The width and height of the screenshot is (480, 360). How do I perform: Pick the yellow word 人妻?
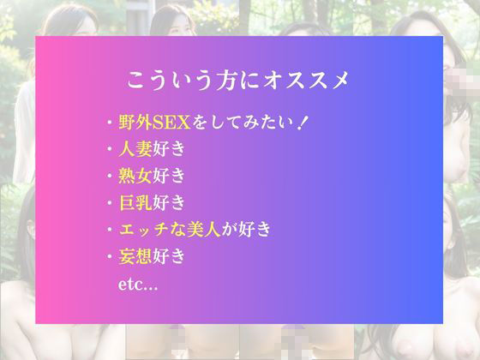click(135, 150)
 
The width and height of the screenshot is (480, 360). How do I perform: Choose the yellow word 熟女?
click(135, 177)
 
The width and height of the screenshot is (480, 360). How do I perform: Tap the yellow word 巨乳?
click(135, 203)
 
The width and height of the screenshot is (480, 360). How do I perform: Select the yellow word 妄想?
click(135, 256)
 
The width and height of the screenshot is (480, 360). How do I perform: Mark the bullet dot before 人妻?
click(110, 150)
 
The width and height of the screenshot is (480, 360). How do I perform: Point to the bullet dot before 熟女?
click(110, 177)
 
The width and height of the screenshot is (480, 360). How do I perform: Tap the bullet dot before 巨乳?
click(110, 203)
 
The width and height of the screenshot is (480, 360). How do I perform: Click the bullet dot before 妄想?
click(110, 256)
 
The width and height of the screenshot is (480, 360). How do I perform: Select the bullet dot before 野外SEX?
click(110, 123)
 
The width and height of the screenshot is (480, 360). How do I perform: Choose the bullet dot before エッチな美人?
click(110, 230)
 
